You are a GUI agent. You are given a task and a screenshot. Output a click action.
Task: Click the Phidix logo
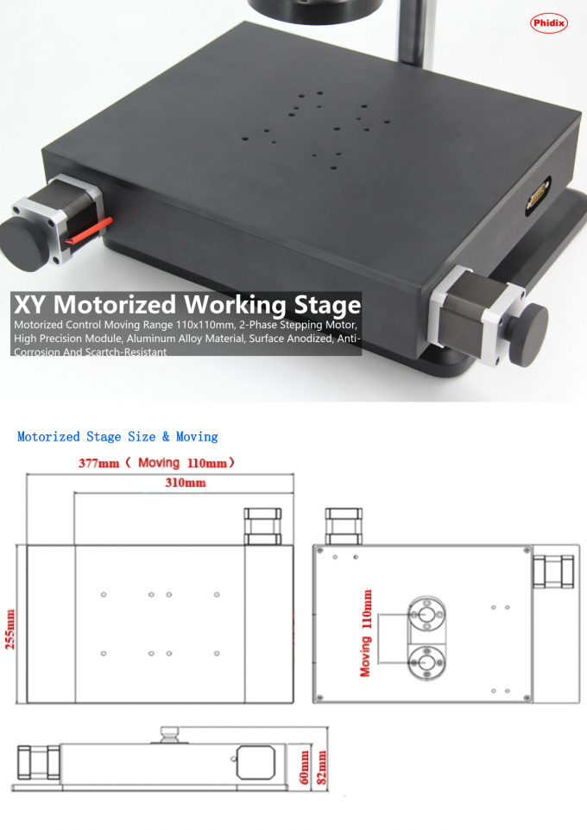click(x=548, y=22)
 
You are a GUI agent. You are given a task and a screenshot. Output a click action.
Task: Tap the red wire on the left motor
click(x=89, y=231)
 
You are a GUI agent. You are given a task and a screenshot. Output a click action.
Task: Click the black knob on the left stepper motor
click(x=23, y=244)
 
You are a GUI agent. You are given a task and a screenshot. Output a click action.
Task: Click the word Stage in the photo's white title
click(x=327, y=306)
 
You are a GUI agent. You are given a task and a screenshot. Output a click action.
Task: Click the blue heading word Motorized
click(x=48, y=437)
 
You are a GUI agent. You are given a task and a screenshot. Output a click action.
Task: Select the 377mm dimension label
click(x=99, y=463)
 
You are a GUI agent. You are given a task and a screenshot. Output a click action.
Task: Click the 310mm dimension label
click(x=185, y=483)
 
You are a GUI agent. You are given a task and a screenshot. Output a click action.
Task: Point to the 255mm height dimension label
click(x=10, y=630)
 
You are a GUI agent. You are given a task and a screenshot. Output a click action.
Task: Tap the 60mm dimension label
click(x=304, y=767)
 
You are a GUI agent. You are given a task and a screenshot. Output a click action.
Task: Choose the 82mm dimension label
click(x=320, y=767)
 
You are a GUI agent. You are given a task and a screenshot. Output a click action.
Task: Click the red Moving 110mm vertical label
click(x=365, y=633)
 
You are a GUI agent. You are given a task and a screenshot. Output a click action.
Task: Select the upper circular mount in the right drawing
click(x=426, y=614)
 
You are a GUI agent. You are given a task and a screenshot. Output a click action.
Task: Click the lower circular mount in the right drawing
click(x=426, y=662)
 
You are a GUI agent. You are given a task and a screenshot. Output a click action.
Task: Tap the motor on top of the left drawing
click(x=262, y=526)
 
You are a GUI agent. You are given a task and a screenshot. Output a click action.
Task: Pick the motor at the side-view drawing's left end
click(x=39, y=763)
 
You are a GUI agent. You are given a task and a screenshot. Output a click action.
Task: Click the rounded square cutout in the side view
click(x=256, y=763)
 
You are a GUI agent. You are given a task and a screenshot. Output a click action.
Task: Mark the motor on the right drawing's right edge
click(x=553, y=572)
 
